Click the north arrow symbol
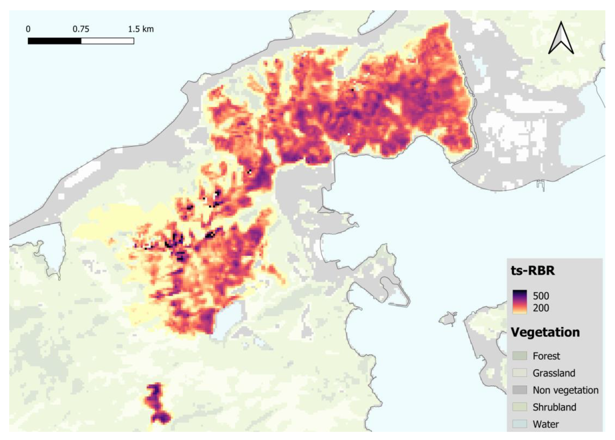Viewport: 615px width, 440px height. (561, 39)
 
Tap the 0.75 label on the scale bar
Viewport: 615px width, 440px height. (81, 29)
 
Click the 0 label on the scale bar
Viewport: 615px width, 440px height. (28, 29)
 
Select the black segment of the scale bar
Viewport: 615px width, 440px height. (54, 41)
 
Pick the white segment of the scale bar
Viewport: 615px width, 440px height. (107, 41)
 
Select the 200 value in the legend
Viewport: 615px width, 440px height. (541, 308)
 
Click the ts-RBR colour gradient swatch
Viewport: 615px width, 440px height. (520, 302)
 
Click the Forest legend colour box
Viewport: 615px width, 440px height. (520, 356)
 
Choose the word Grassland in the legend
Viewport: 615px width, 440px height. (554, 373)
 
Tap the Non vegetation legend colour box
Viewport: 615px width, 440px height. (520, 390)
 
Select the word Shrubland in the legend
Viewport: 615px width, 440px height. (554, 407)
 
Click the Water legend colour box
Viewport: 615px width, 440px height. (520, 424)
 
